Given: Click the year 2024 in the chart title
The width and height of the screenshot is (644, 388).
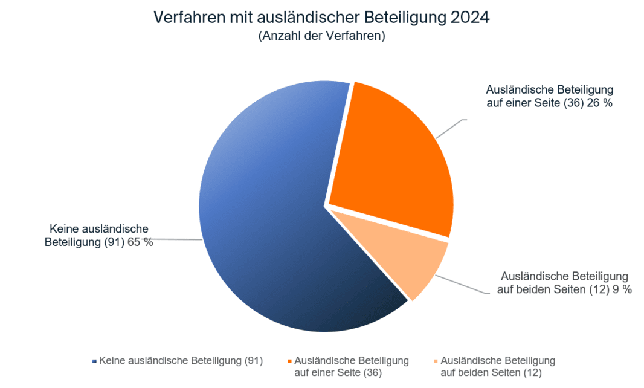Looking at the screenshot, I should (x=470, y=18).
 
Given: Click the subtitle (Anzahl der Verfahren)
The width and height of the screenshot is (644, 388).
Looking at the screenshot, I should (x=321, y=36).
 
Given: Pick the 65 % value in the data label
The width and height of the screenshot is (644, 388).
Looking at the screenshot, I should (x=140, y=242).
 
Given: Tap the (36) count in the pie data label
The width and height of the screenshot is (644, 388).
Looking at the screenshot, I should (x=573, y=103).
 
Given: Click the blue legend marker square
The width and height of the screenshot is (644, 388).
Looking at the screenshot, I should (x=94, y=361).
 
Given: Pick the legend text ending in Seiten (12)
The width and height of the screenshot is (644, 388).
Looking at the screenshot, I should (x=498, y=366).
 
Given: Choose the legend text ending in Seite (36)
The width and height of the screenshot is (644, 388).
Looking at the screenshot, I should (x=351, y=366).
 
